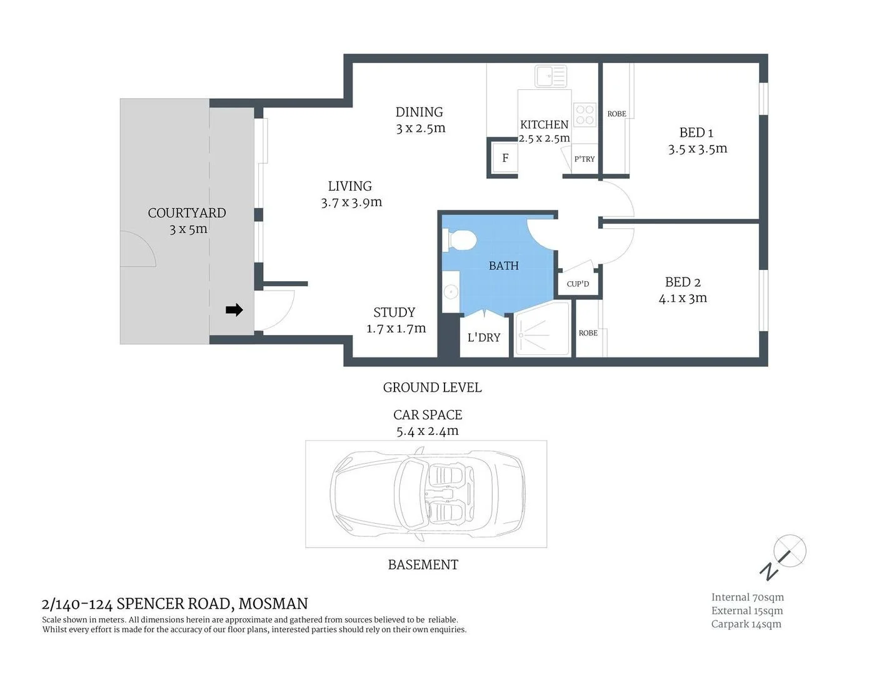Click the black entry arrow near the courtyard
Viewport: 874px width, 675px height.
point(234,310)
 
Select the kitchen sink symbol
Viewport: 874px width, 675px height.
point(551,76)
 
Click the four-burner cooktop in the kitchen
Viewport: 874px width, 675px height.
point(585,115)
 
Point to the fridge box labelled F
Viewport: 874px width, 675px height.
point(505,158)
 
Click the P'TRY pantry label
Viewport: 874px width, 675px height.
point(585,159)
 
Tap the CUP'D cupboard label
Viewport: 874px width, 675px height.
point(578,284)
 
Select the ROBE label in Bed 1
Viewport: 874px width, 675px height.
point(616,114)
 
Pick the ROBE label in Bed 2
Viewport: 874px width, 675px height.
point(588,333)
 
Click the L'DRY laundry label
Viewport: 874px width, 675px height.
point(484,337)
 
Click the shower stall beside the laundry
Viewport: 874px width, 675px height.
point(542,329)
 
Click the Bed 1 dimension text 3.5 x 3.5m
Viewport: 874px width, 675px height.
point(697,149)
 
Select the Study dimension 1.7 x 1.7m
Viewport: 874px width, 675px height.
point(396,328)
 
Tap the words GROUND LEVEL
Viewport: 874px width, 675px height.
point(432,387)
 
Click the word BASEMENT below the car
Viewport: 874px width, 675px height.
point(423,565)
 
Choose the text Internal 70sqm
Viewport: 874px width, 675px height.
point(747,597)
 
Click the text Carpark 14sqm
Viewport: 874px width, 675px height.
point(746,624)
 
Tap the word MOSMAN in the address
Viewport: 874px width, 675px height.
point(273,604)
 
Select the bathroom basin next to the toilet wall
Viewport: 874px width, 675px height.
point(450,291)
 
